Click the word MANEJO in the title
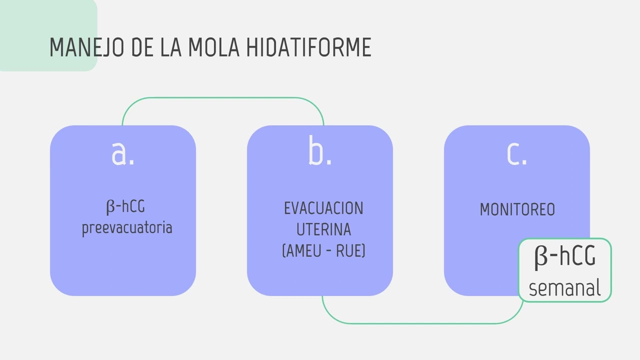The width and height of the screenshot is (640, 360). point(87,47)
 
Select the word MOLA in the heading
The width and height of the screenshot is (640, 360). point(213,47)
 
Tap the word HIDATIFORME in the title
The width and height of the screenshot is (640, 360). point(309,47)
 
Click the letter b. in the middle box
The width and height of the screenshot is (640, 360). point(320,150)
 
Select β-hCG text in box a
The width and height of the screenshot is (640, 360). point(125,206)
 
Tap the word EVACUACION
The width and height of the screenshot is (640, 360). point(323,208)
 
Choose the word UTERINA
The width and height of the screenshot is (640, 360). point(323,229)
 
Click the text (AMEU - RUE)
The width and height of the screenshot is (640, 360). point(323,250)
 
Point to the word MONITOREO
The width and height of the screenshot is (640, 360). point(517,209)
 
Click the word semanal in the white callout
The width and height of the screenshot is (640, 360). point(564,288)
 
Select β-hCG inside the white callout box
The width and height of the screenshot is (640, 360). point(565,256)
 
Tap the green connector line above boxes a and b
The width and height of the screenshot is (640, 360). point(223,97)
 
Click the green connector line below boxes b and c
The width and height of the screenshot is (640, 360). point(422,323)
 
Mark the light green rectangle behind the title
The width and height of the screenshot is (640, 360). point(48,35)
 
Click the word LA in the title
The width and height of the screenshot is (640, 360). point(171,47)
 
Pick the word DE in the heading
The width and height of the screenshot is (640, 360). point(142,47)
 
